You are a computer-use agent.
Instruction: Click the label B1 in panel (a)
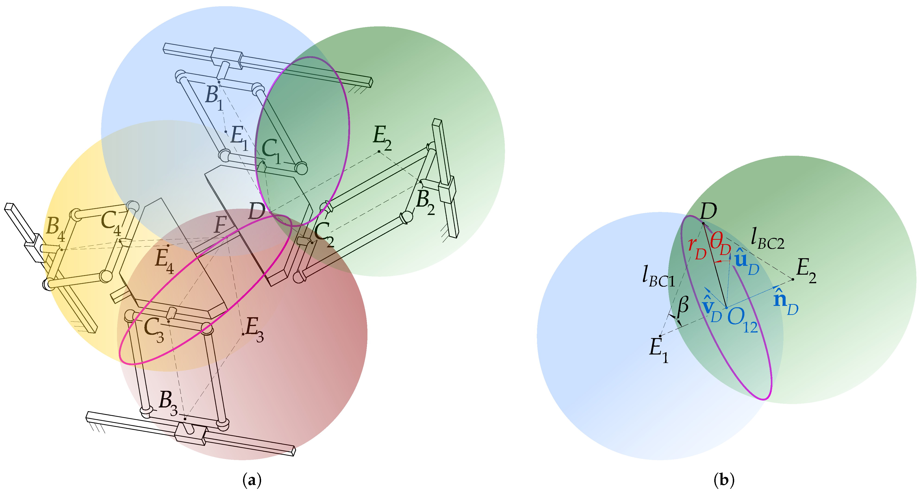tap(215, 98)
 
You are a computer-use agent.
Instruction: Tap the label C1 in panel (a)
tap(271, 151)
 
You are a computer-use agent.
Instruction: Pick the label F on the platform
tap(220, 226)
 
